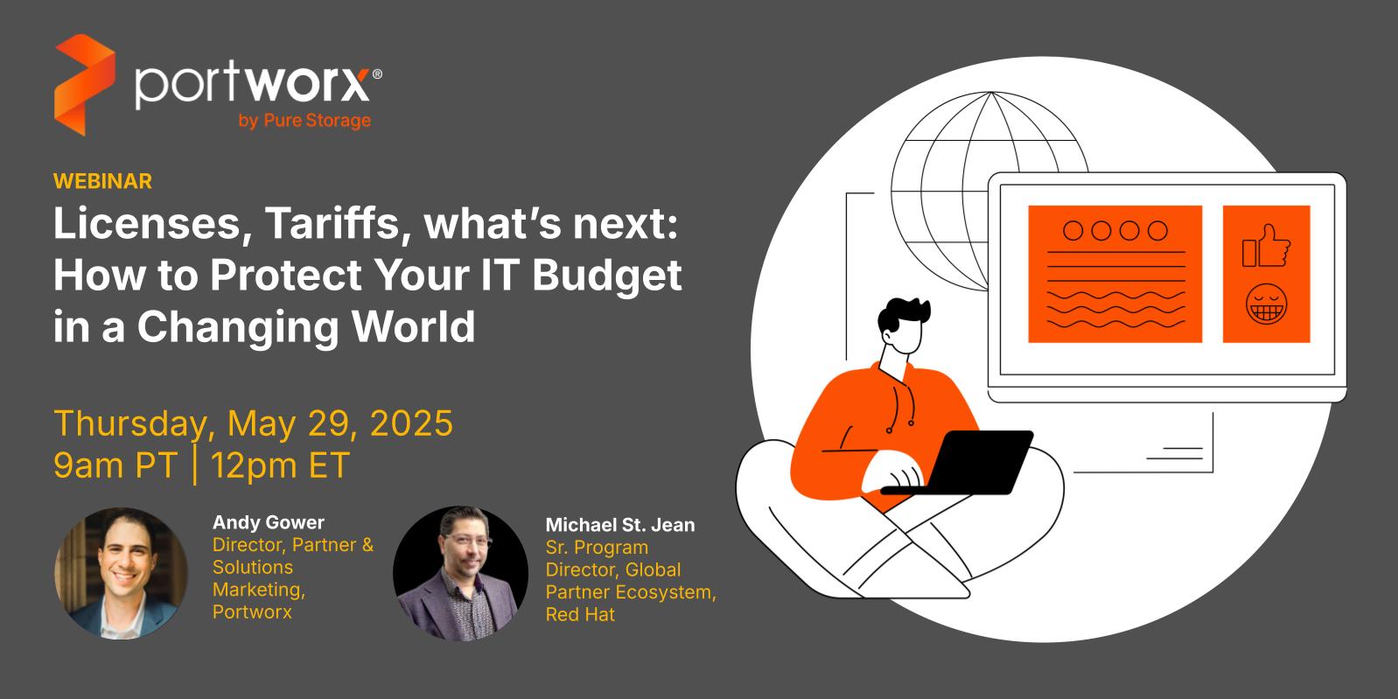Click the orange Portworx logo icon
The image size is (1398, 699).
(x=85, y=85)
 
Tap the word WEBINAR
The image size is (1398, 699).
(x=103, y=181)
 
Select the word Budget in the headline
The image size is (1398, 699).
(x=607, y=276)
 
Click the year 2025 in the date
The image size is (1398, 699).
(x=411, y=423)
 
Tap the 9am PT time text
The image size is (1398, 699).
(x=115, y=465)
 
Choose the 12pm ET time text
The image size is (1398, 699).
(x=280, y=465)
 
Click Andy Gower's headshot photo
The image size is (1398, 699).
(x=121, y=573)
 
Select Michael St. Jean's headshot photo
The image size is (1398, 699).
(x=460, y=573)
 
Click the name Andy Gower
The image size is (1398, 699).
(x=269, y=522)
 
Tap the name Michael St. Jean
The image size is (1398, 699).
(x=619, y=525)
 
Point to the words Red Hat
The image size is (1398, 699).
(x=580, y=615)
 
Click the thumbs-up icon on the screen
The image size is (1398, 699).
(x=1266, y=247)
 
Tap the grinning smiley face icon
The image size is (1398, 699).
(x=1266, y=304)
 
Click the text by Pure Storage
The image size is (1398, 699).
(x=304, y=121)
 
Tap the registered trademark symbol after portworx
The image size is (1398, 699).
(x=377, y=74)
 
